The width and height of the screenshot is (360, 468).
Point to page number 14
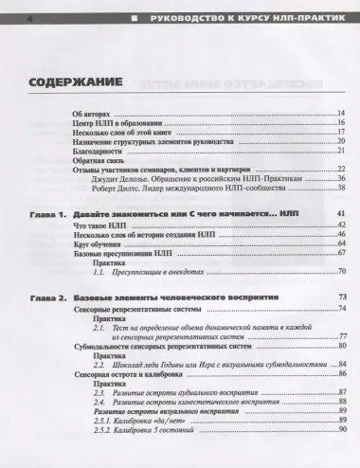coord(340,114)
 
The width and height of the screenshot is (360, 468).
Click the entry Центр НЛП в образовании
coord(117,123)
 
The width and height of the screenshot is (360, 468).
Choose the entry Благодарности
coord(99,151)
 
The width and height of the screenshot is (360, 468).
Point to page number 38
coord(340,189)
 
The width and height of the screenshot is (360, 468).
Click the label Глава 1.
coord(46,213)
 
